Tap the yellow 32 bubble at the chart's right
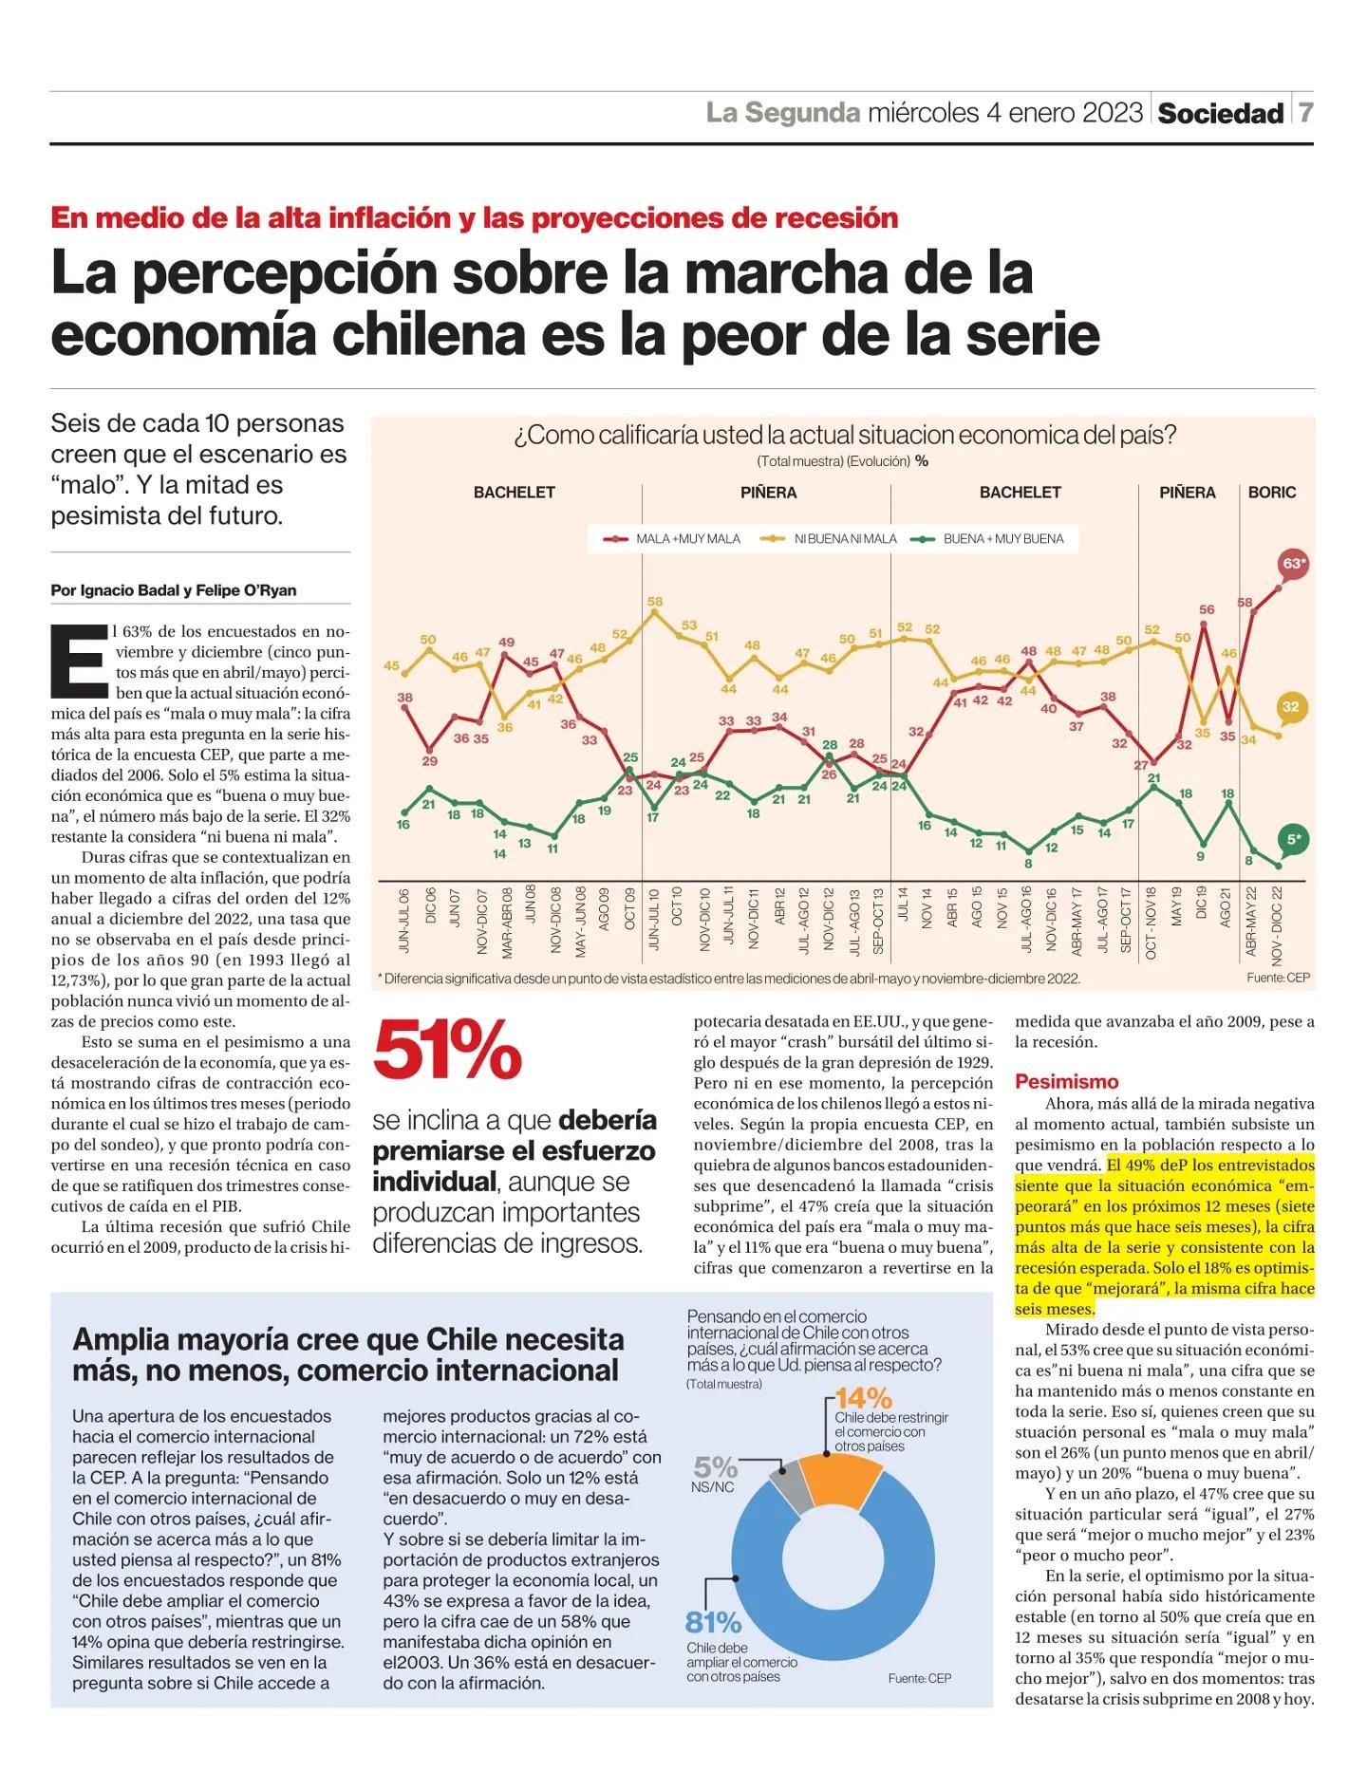coord(1291,707)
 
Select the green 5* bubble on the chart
coord(1293,839)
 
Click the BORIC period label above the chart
coord(1272,493)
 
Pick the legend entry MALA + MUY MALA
coord(672,539)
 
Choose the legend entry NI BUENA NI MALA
coord(831,539)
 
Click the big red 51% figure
coord(448,1052)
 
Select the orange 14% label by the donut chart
coord(864,1398)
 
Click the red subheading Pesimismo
coord(1067,1082)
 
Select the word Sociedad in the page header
coord(1221,114)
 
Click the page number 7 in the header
coord(1306,113)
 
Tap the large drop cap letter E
coord(78,658)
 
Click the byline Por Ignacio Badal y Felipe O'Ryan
coord(174,590)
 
